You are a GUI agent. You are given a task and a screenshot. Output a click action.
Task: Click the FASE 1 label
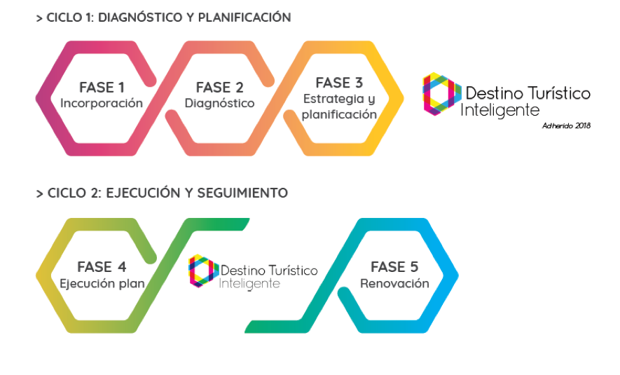[x=102, y=88]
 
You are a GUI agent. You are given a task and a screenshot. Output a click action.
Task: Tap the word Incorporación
[x=102, y=104]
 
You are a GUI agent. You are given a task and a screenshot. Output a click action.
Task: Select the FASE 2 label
[x=219, y=88]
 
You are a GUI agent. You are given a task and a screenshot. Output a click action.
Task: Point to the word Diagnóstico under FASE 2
[x=219, y=104]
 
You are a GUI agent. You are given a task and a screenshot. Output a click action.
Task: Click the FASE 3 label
[x=339, y=83]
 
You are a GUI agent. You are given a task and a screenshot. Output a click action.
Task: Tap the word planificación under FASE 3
[x=339, y=115]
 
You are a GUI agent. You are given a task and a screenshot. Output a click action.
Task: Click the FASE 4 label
[x=102, y=267]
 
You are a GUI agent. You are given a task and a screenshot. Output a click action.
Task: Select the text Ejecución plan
[x=102, y=284]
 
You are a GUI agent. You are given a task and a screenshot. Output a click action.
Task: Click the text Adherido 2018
[x=566, y=126]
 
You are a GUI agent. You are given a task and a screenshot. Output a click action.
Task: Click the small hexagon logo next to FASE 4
[x=204, y=271]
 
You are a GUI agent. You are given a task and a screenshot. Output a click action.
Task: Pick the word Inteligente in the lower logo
[x=249, y=284]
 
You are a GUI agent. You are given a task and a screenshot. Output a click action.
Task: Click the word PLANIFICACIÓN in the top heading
[x=244, y=18]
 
